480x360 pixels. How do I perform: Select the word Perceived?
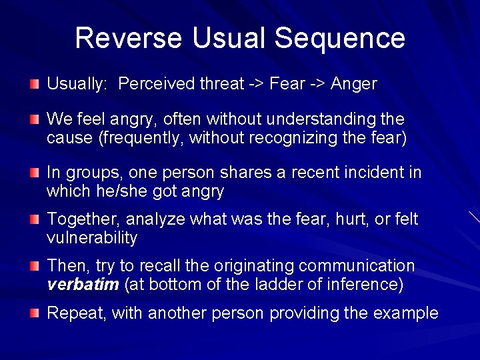(x=158, y=84)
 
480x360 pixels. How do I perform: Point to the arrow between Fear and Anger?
(x=317, y=84)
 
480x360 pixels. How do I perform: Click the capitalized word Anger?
(x=354, y=84)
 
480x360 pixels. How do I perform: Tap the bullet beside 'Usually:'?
(x=34, y=84)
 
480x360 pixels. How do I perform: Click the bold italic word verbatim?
(x=83, y=285)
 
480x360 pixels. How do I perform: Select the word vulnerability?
(x=92, y=238)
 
